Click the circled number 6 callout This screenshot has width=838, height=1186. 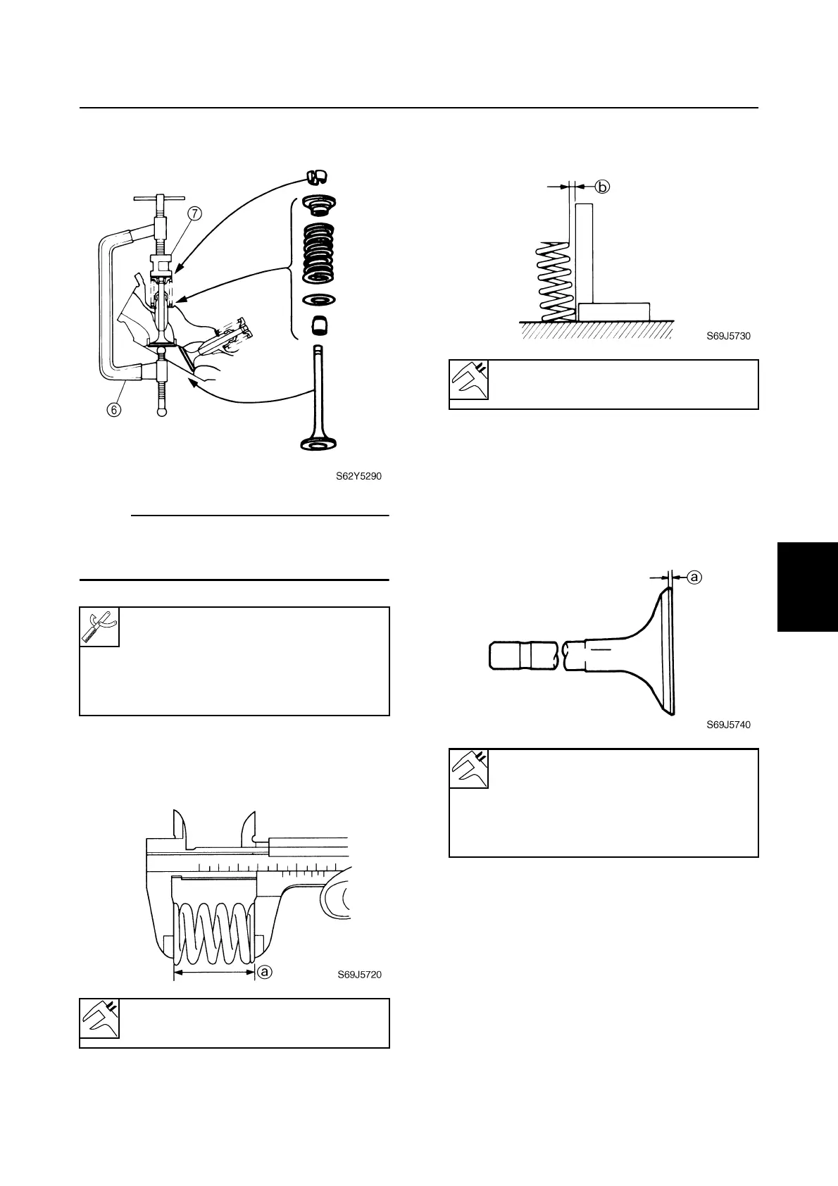[x=115, y=408]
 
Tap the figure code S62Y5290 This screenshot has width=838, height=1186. [x=358, y=476]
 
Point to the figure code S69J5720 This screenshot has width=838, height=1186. [x=359, y=975]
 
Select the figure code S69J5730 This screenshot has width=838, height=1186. [x=728, y=336]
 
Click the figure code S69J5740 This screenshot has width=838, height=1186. [x=728, y=724]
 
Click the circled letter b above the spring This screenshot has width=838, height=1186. [x=602, y=187]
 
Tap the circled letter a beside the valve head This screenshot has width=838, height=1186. [x=694, y=577]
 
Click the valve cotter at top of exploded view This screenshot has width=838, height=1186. [x=318, y=176]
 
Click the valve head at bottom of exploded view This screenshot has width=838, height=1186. [x=318, y=443]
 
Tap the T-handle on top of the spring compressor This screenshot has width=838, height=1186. [x=159, y=198]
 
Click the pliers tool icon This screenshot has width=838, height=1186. [x=99, y=627]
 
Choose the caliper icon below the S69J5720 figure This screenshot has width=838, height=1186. [x=99, y=1018]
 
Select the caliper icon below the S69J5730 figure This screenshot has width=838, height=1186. [x=469, y=380]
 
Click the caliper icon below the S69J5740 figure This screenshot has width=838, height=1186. [x=469, y=768]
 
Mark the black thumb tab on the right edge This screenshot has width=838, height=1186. [x=807, y=587]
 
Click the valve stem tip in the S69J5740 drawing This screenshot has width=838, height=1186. [x=506, y=654]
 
